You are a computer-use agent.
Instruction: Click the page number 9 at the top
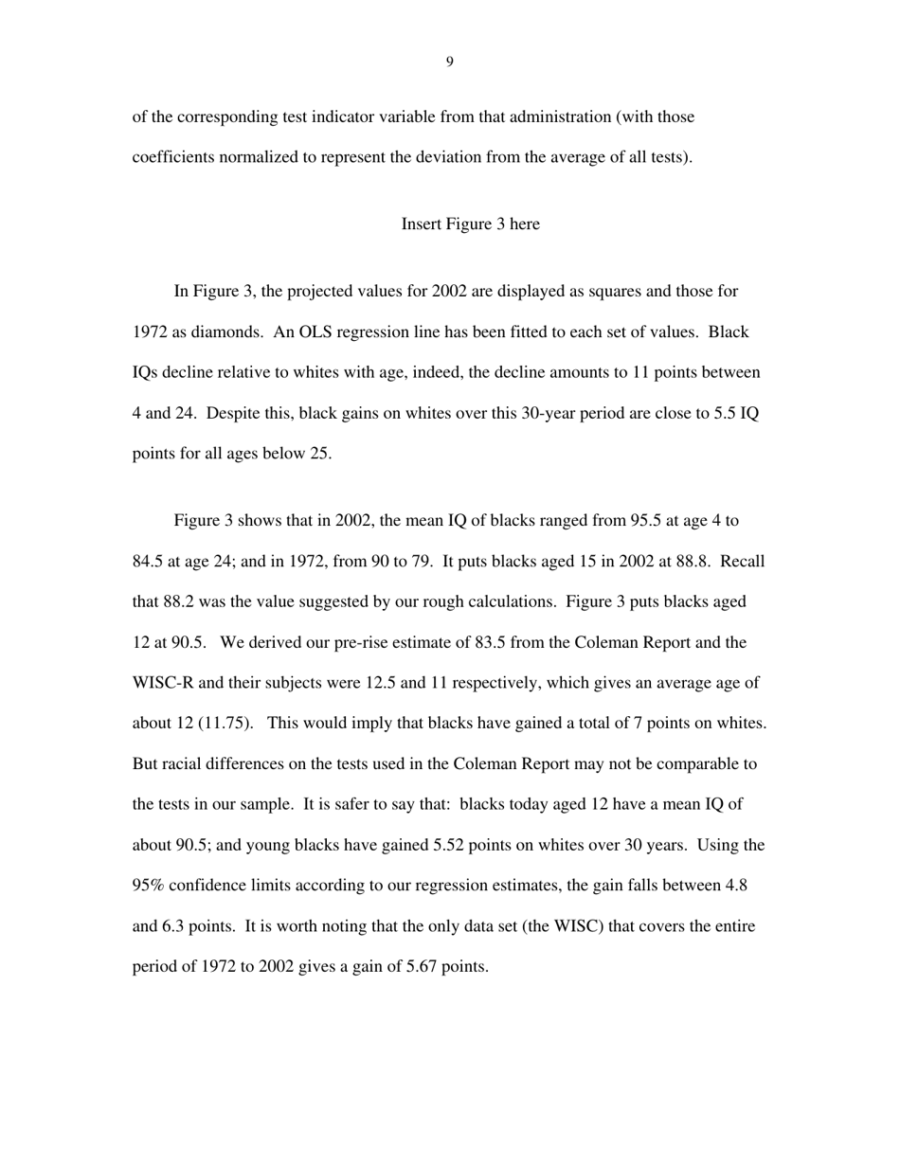[449, 63]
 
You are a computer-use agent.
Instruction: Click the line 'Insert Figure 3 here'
[470, 224]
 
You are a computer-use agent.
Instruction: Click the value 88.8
[693, 562]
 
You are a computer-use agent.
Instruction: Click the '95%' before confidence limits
[148, 886]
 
